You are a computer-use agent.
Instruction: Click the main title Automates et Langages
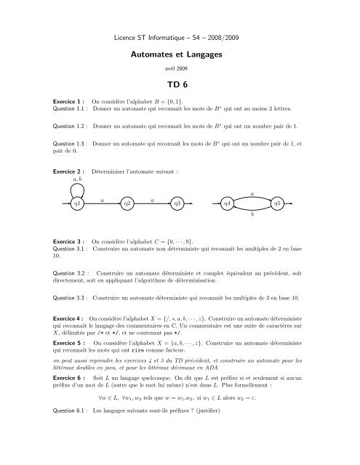pyautogui.click(x=180, y=54)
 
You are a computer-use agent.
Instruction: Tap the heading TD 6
pyautogui.click(x=180, y=84)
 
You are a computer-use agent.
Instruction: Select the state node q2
pyautogui.click(x=127, y=204)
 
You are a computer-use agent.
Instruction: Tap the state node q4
pyautogui.click(x=227, y=204)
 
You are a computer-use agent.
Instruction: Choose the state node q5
pyautogui.click(x=277, y=204)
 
